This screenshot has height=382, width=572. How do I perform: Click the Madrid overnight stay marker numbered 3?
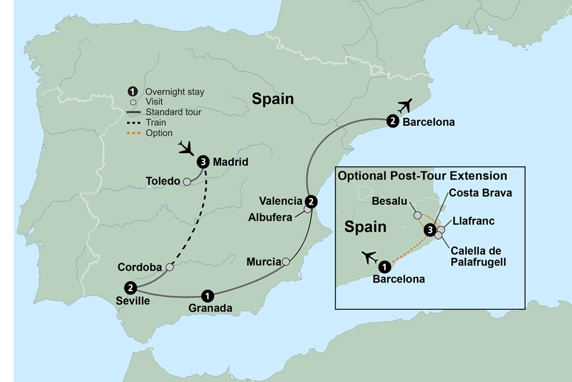pyautogui.click(x=203, y=162)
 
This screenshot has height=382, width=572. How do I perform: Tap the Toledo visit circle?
pyautogui.click(x=186, y=181)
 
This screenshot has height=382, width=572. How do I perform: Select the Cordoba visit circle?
pyautogui.click(x=169, y=267)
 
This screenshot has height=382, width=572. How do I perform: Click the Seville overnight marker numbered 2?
pyautogui.click(x=131, y=287)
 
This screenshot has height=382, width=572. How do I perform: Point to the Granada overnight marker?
pyautogui.click(x=208, y=295)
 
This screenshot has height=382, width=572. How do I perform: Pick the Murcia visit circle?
pyautogui.click(x=286, y=262)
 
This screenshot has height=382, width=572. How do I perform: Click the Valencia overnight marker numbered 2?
pyautogui.click(x=311, y=201)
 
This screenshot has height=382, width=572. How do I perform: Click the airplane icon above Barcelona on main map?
pyautogui.click(x=406, y=105)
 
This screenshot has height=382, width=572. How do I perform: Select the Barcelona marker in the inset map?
pyautogui.click(x=385, y=266)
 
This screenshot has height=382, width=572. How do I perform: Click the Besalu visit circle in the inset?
pyautogui.click(x=418, y=216)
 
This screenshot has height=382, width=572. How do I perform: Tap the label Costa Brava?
pyautogui.click(x=480, y=193)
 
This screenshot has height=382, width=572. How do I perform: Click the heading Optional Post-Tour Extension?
pyautogui.click(x=422, y=176)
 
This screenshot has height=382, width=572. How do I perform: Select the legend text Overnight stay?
pyautogui.click(x=174, y=91)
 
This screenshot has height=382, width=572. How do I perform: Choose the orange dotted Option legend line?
pyautogui.click(x=135, y=133)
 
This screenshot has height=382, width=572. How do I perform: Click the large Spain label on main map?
pyautogui.click(x=273, y=99)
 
